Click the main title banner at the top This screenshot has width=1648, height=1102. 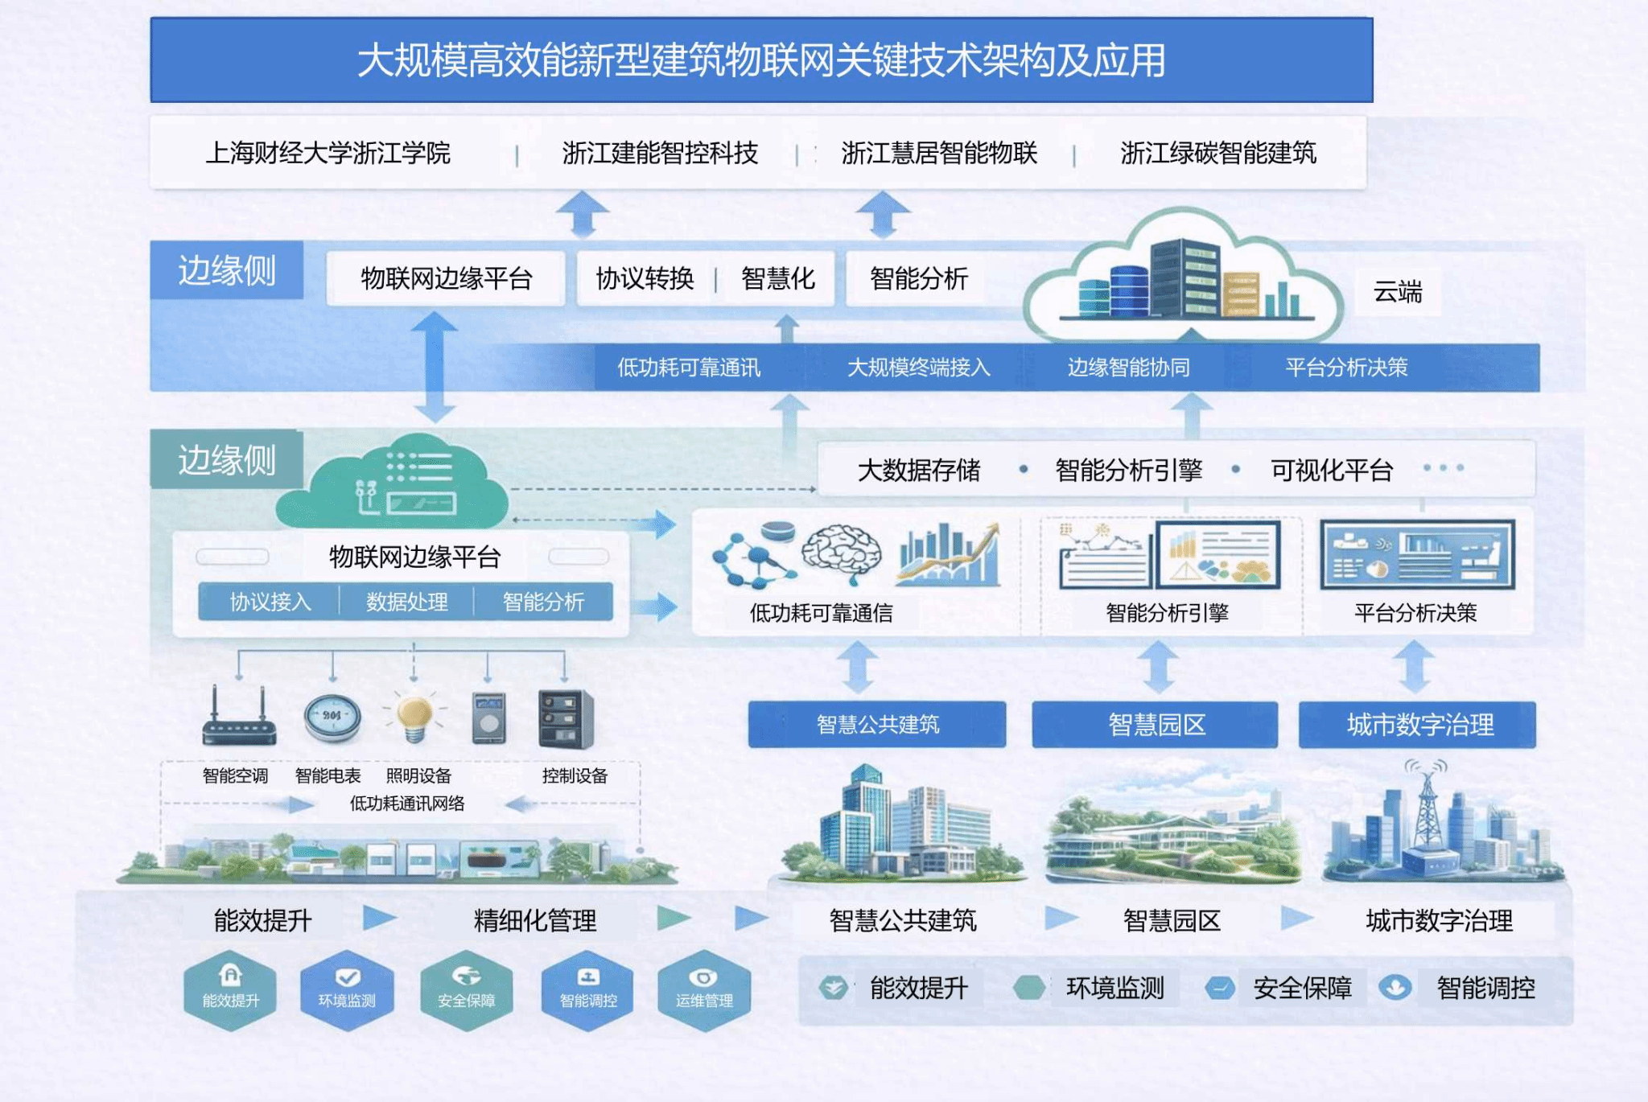click(761, 60)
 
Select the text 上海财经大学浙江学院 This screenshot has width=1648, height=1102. click(328, 153)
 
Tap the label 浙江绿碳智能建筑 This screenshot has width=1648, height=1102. click(1218, 153)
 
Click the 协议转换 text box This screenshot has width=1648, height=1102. click(645, 278)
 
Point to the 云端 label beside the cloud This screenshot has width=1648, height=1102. click(1398, 291)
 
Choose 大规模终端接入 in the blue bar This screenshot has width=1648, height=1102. click(918, 368)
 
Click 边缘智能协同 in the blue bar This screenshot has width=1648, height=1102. click(1128, 368)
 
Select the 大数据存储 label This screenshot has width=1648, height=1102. click(919, 470)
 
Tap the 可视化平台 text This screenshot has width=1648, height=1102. click(1332, 470)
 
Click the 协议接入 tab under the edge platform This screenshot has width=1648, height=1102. click(270, 602)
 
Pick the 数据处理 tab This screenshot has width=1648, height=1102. click(407, 602)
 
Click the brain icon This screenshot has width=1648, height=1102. click(842, 552)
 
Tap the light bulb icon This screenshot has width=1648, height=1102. click(415, 716)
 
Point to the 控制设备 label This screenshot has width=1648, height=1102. click(575, 775)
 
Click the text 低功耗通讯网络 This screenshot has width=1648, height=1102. click(407, 803)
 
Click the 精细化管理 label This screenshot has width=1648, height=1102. click(535, 920)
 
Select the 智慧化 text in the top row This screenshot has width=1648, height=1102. click(778, 278)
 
